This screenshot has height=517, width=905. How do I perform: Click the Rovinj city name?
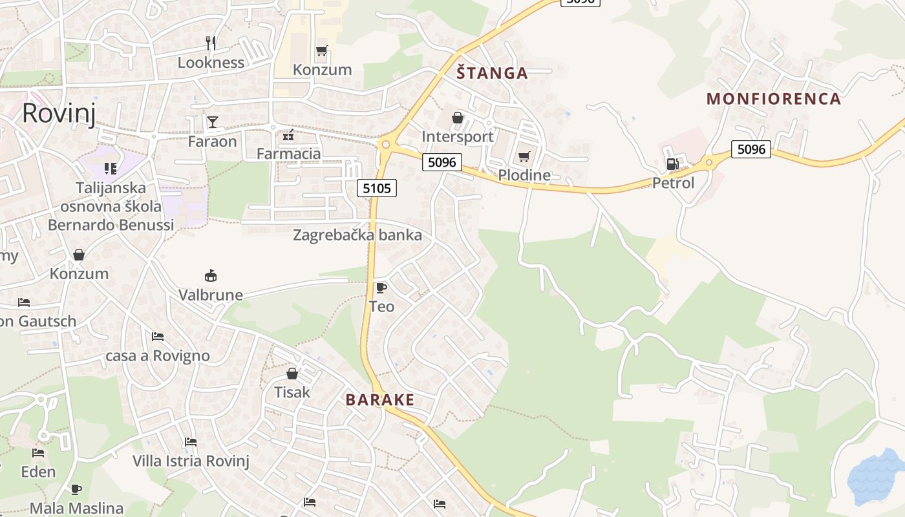[x=59, y=114]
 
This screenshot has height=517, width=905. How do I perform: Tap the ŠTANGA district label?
[x=493, y=73]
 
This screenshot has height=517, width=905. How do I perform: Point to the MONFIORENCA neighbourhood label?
[x=774, y=99]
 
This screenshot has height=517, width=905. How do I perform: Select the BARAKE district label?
[x=379, y=400]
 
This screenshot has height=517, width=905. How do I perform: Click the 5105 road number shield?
[x=376, y=188]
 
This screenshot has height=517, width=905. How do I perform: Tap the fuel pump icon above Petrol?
[x=673, y=165]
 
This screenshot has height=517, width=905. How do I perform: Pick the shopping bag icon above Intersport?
[x=458, y=118]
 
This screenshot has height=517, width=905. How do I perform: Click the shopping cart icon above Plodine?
[x=524, y=157]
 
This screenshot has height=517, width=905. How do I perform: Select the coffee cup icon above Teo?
[x=381, y=288]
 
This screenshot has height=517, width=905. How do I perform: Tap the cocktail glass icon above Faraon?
[x=212, y=122]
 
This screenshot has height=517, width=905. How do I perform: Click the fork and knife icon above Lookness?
[x=210, y=43]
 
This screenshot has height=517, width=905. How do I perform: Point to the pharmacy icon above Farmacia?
[x=288, y=135]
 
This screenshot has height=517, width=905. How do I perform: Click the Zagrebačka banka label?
[x=357, y=235]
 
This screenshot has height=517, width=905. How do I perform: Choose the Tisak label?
[x=292, y=392]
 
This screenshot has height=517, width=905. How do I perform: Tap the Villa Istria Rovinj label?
[x=191, y=461]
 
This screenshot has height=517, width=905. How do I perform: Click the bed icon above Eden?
[x=39, y=453]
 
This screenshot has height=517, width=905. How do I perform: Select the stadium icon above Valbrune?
[x=210, y=276]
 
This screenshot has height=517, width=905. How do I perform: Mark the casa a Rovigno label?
[x=158, y=356]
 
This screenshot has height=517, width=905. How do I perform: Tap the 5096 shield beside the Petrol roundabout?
[x=751, y=149]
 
